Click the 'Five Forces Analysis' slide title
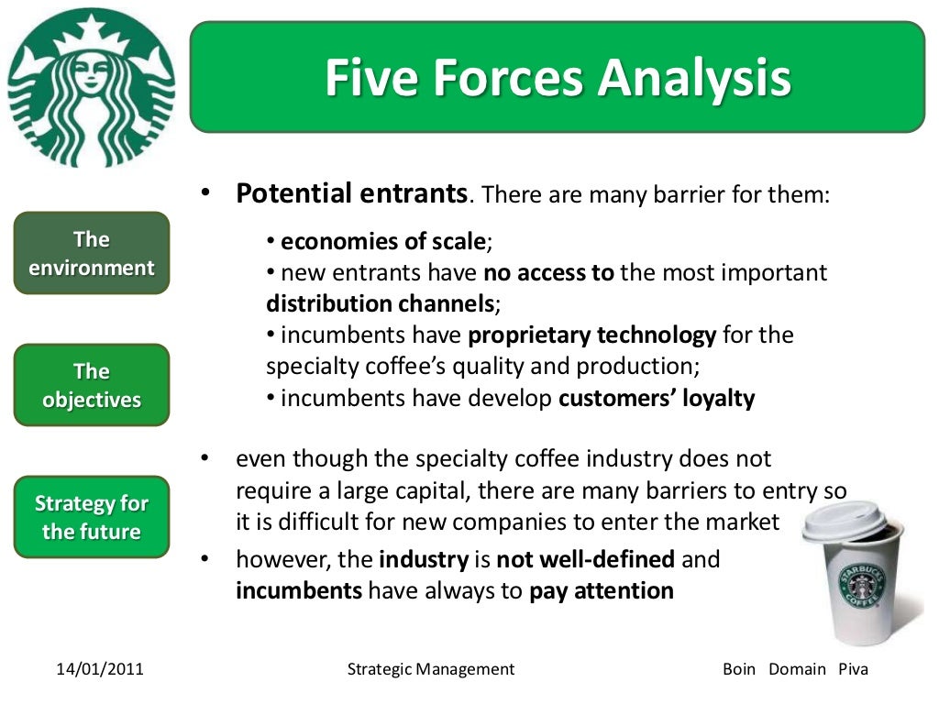[558, 78]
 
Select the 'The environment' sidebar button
[92, 253]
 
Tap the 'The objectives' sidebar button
[92, 385]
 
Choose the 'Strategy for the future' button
[92, 517]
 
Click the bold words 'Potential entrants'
[352, 193]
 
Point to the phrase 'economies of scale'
[383, 242]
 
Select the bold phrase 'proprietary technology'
[591, 335]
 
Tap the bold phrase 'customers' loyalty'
[657, 399]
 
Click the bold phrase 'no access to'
[548, 273]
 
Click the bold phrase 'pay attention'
[602, 591]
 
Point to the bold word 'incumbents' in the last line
[299, 591]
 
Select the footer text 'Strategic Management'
[431, 669]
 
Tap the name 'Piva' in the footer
[853, 669]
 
